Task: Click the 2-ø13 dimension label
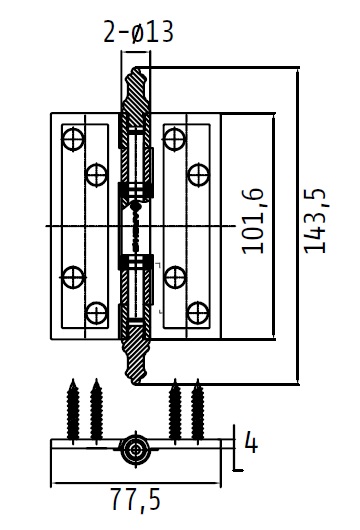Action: (x=138, y=32)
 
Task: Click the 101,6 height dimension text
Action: (x=253, y=221)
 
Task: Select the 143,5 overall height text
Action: (x=315, y=221)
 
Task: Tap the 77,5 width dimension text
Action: (x=136, y=500)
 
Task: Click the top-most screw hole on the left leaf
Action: (x=73, y=139)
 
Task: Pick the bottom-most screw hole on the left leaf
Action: (x=96, y=313)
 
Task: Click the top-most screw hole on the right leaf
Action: (x=174, y=139)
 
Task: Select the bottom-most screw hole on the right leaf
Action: (x=198, y=313)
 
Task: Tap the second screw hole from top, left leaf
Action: (x=96, y=175)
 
